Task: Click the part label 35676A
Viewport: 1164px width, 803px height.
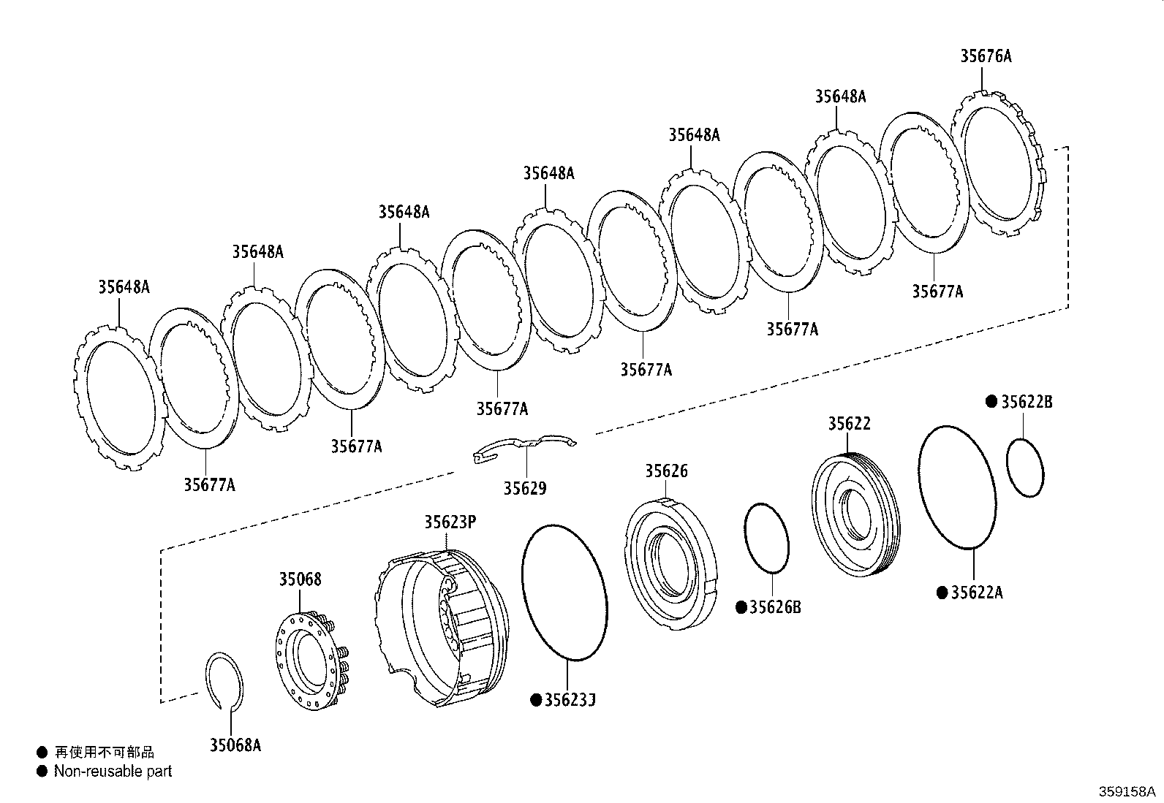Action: pos(986,56)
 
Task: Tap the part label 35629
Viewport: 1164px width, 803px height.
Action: pos(525,488)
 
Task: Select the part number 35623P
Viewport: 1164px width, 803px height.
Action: pos(450,522)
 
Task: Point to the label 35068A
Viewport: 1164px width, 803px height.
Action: pos(235,745)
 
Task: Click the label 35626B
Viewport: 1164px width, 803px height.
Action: pos(775,606)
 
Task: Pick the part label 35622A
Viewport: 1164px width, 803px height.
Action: pos(976,592)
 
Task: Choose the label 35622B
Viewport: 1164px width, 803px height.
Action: pos(1027,402)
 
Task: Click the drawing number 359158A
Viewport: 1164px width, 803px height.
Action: pos(1127,791)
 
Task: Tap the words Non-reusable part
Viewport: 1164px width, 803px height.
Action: pos(113,772)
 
